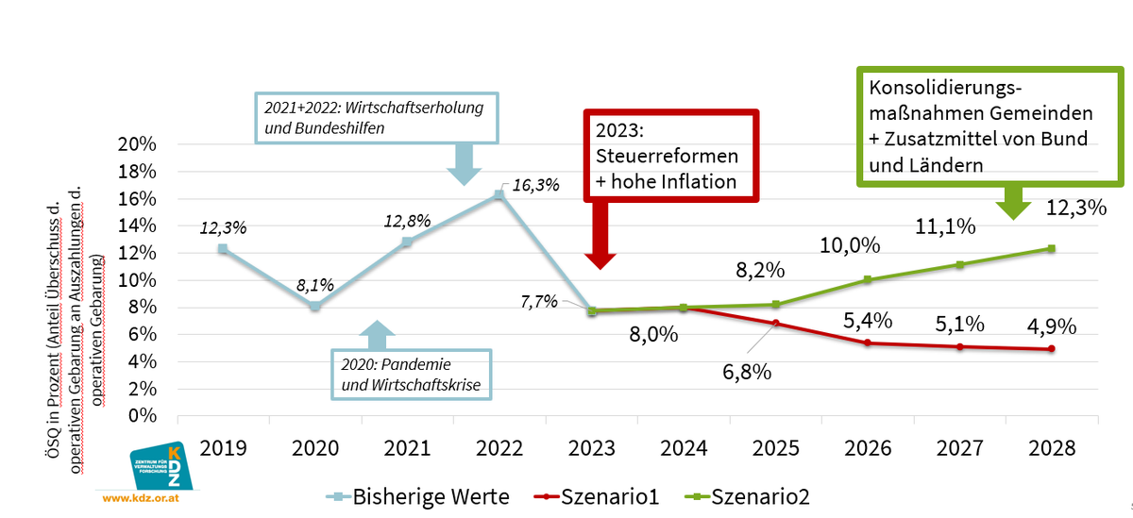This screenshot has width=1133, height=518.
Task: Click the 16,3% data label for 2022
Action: [x=535, y=185]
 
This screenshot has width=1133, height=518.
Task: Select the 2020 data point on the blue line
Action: [x=314, y=306]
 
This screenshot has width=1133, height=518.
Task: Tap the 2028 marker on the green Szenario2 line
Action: [x=1051, y=248]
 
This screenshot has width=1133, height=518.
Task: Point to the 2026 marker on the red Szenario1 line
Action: [x=867, y=343]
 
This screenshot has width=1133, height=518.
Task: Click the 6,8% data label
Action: [x=747, y=372]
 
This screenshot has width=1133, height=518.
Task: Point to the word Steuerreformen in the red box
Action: [x=666, y=154]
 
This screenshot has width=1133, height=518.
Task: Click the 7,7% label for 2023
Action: [x=538, y=303]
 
